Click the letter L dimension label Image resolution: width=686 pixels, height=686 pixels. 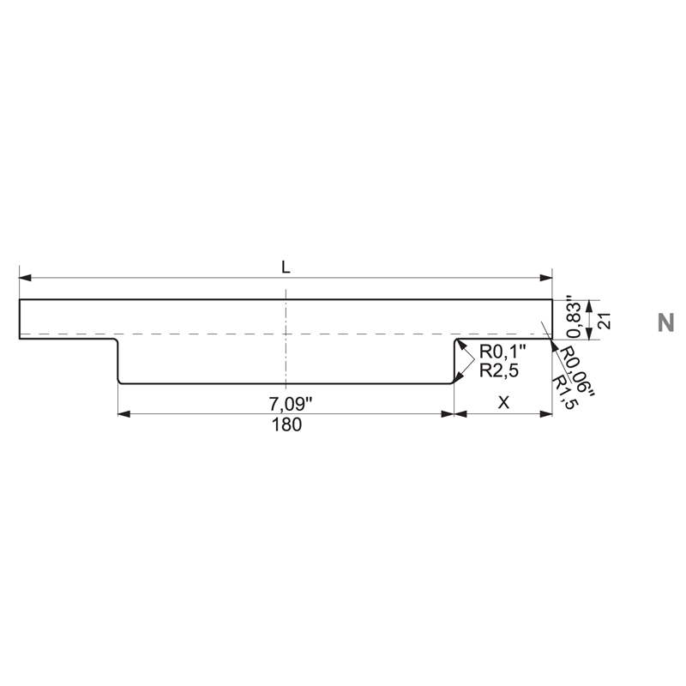(286, 267)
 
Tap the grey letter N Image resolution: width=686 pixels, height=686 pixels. (665, 323)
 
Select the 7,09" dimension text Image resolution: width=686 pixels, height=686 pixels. (291, 404)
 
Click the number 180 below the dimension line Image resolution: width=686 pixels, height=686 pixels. (286, 424)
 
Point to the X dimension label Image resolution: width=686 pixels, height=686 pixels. (503, 402)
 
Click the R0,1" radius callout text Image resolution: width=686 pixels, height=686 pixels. (502, 351)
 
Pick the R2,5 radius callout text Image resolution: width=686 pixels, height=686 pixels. (499, 370)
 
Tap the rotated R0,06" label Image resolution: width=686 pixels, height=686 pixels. (576, 371)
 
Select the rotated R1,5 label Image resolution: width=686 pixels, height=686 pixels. (563, 392)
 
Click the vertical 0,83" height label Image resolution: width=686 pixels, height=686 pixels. (574, 319)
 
